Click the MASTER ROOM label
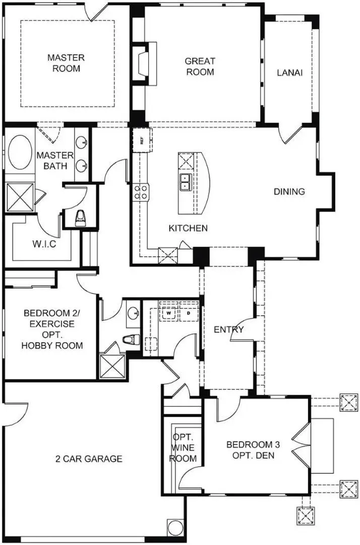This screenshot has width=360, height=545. click(x=66, y=63)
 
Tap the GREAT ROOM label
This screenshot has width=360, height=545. click(x=200, y=67)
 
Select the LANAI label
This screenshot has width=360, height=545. click(x=289, y=73)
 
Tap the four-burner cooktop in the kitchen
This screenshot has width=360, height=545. click(x=141, y=191)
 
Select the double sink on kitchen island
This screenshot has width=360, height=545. click(x=185, y=182)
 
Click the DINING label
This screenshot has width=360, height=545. click(x=289, y=192)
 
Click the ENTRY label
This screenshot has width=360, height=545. click(x=228, y=330)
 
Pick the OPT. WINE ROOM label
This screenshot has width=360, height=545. click(x=182, y=448)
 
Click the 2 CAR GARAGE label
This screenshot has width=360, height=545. click(x=89, y=459)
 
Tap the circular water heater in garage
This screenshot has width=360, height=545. click(x=175, y=528)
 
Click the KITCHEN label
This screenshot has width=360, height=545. click(x=188, y=229)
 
